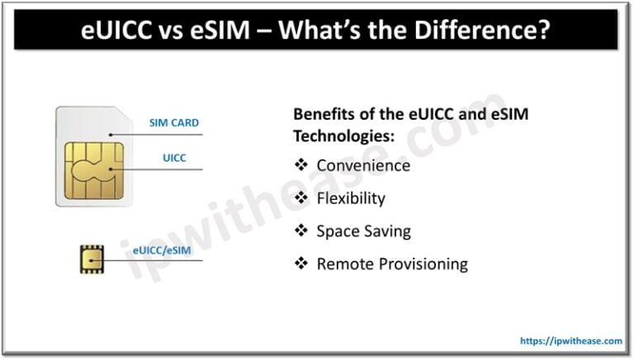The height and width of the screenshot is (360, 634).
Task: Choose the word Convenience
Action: pyautogui.click(x=363, y=165)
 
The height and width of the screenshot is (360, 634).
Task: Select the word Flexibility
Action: pyautogui.click(x=351, y=198)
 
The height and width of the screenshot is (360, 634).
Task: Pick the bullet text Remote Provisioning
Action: pyautogui.click(x=392, y=264)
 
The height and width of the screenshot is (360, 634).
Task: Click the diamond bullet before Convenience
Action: pyautogui.click(x=301, y=165)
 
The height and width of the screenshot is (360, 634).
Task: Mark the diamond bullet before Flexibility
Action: pyautogui.click(x=301, y=198)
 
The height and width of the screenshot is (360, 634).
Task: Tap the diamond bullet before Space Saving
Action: pyautogui.click(x=301, y=231)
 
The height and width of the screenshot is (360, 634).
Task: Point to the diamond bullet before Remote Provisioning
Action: pyautogui.click(x=301, y=264)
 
